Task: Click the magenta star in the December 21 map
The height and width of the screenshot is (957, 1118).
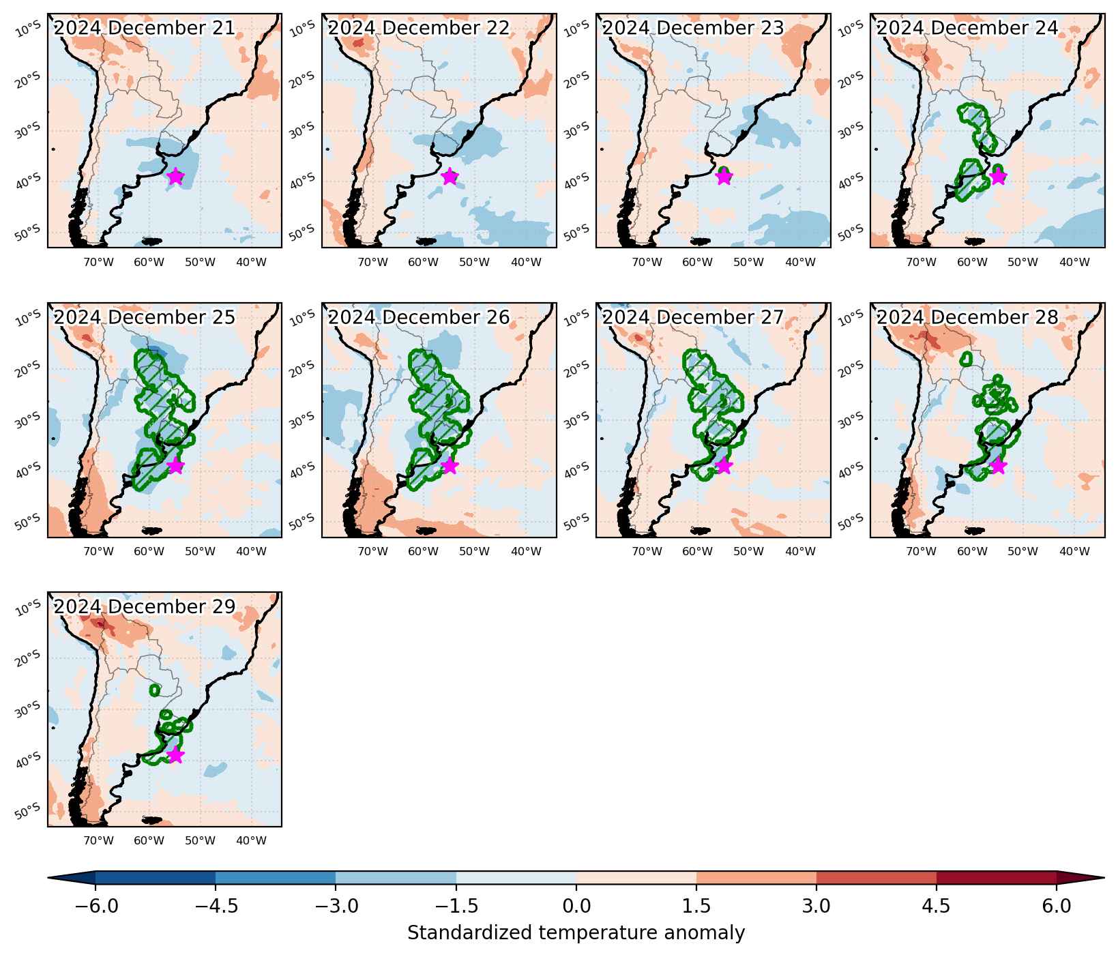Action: point(175,176)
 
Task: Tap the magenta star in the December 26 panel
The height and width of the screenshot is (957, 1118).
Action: point(450,466)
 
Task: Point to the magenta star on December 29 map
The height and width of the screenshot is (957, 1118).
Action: point(175,755)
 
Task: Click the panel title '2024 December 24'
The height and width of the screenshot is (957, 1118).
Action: point(967,28)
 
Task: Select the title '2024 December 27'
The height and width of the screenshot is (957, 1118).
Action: point(693,317)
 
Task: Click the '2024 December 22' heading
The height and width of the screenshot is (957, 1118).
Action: point(419,28)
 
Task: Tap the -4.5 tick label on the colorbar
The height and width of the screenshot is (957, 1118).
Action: point(216,906)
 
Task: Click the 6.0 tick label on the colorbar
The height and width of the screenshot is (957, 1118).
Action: point(1057,906)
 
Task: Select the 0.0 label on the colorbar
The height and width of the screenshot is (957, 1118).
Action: point(576,906)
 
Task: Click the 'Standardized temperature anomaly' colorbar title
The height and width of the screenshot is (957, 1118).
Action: point(576,932)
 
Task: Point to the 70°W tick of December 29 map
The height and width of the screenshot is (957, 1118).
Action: point(98,840)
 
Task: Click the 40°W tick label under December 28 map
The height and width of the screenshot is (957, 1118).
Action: point(1074,551)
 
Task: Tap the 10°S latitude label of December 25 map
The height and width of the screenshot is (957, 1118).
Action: point(28,317)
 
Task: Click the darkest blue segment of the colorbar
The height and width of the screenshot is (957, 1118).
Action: point(156,878)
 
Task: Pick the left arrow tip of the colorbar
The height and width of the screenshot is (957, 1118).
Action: point(48,878)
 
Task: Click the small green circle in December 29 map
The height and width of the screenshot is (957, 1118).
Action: point(154,690)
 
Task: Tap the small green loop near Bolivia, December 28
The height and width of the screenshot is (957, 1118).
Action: point(966,358)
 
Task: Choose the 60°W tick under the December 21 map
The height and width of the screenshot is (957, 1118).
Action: point(149,262)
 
